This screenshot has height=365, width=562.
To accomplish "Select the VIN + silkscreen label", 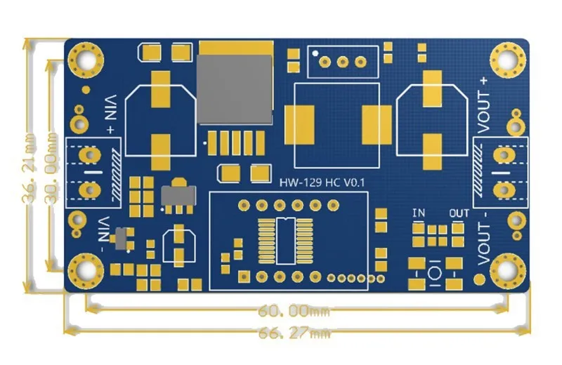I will click(111, 116).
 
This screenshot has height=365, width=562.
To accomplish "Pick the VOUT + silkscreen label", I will click(483, 104).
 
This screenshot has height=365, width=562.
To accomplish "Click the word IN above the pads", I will click(419, 213).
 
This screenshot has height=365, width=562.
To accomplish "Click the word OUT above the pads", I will click(459, 213).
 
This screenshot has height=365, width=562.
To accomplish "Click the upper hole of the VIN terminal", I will click(90, 154).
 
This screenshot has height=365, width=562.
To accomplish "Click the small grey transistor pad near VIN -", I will click(122, 239).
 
